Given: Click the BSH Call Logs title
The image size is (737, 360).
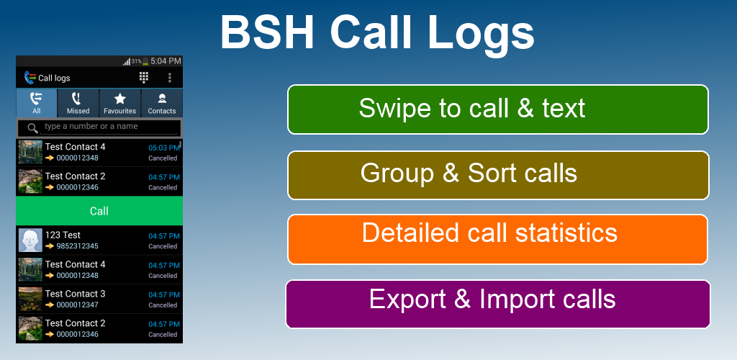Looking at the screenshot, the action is pyautogui.click(x=377, y=32).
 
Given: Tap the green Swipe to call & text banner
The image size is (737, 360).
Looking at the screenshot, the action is pyautogui.click(x=498, y=109).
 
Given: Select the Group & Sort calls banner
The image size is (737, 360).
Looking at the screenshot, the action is pyautogui.click(x=498, y=175).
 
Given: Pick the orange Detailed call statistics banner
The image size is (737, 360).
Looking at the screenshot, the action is pyautogui.click(x=497, y=239).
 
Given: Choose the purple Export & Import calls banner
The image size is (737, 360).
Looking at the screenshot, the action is pyautogui.click(x=498, y=304).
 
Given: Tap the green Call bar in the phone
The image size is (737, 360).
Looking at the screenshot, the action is pyautogui.click(x=99, y=211).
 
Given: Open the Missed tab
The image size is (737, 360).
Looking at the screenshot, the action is pyautogui.click(x=78, y=103).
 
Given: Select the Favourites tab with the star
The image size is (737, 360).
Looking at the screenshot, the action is pyautogui.click(x=120, y=103).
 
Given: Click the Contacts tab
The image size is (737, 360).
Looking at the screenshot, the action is pyautogui.click(x=162, y=103).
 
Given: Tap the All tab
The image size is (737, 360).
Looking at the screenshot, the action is pyautogui.click(x=37, y=103).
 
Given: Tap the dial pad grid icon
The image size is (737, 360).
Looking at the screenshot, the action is pyautogui.click(x=144, y=78).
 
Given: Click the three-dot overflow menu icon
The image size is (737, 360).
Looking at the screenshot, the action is pyautogui.click(x=170, y=78).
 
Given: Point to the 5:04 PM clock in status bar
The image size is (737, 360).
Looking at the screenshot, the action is pyautogui.click(x=166, y=61).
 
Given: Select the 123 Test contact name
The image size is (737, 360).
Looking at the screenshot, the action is pyautogui.click(x=63, y=235).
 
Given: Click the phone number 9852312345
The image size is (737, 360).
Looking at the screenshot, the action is pyautogui.click(x=78, y=246).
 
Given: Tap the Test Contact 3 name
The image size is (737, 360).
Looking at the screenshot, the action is pyautogui.click(x=75, y=294).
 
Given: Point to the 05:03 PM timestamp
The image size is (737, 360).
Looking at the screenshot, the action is pyautogui.click(x=164, y=148).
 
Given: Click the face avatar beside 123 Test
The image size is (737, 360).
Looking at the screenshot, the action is pyautogui.click(x=30, y=240).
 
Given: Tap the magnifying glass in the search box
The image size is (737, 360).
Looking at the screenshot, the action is pyautogui.click(x=33, y=128).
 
